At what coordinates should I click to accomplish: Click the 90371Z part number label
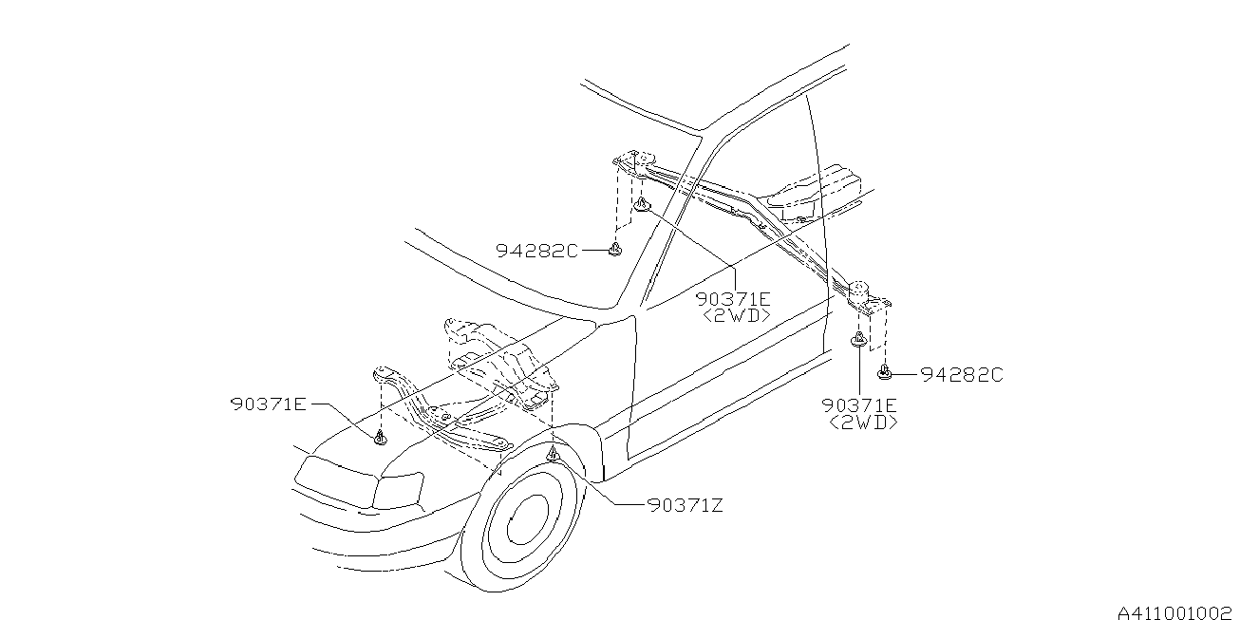tap(686, 506)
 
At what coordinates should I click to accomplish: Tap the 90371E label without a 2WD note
tap(267, 404)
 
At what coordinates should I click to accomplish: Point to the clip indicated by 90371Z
tap(554, 458)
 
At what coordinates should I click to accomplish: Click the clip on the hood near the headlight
tap(380, 437)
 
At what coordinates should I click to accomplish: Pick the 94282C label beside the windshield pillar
tap(535, 251)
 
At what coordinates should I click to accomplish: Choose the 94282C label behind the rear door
tap(961, 375)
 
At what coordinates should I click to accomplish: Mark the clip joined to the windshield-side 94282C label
tap(615, 249)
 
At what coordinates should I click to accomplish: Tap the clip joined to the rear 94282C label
tap(884, 373)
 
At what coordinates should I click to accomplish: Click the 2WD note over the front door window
tap(736, 315)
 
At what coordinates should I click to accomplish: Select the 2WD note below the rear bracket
tap(863, 423)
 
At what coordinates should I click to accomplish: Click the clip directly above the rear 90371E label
tap(858, 341)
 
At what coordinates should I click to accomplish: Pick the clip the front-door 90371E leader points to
tap(643, 205)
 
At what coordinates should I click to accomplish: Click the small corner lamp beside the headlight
tap(397, 491)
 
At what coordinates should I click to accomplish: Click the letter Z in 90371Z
tap(718, 506)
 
